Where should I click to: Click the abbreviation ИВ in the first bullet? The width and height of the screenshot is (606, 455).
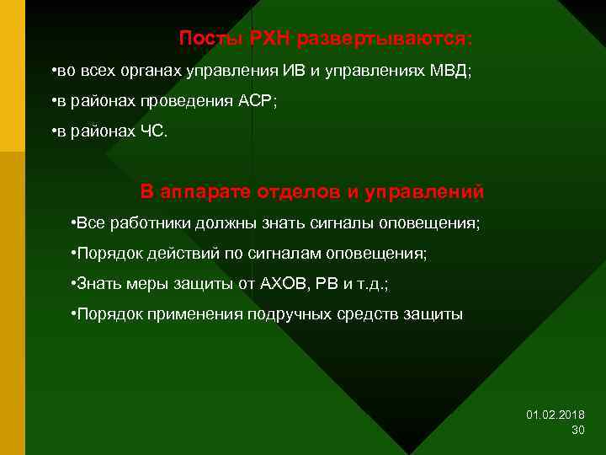(295, 72)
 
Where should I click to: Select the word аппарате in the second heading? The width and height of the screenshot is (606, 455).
(199, 192)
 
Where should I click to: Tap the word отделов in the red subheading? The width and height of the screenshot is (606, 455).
(292, 192)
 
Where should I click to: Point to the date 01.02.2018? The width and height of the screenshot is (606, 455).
(555, 415)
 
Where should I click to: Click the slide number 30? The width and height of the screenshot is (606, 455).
(577, 430)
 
